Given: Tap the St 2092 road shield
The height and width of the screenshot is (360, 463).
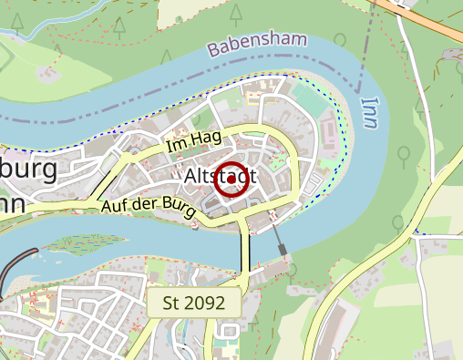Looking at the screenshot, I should [x=193, y=303].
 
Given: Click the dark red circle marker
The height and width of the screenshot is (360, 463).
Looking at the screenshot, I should [x=232, y=179].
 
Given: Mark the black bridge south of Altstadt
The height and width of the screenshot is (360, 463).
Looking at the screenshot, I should [x=244, y=252].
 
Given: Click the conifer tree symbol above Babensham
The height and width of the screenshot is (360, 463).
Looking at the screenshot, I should [x=237, y=13].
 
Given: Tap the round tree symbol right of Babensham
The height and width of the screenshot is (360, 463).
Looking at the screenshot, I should [x=340, y=40].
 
